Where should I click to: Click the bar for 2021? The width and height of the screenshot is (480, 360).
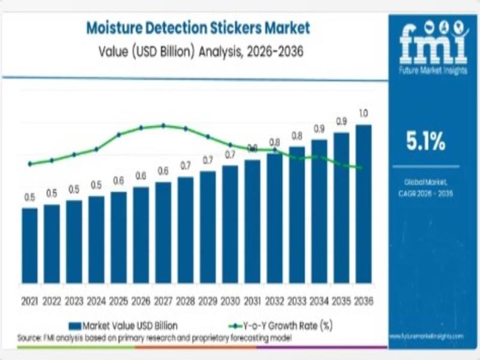pos(29,245)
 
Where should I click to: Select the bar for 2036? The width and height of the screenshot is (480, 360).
pos(364,204)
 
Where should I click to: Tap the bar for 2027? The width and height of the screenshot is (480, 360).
pos(163,232)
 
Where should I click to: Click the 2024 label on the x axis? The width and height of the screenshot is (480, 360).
pos(96,301)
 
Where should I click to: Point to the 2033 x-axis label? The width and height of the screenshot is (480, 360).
pos(296,301)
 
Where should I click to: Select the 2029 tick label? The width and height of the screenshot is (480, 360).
pos(208,301)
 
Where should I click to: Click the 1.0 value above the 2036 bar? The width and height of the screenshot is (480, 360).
pos(364,113)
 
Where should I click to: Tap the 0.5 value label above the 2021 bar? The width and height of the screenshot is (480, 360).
pos(29,197)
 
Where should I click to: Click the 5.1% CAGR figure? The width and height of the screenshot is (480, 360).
pos(427,142)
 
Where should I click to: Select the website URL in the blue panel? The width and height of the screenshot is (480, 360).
pos(427,337)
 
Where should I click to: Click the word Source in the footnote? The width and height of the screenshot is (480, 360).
pos(29,338)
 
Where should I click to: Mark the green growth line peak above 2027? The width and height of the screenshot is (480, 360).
pos(163,125)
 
